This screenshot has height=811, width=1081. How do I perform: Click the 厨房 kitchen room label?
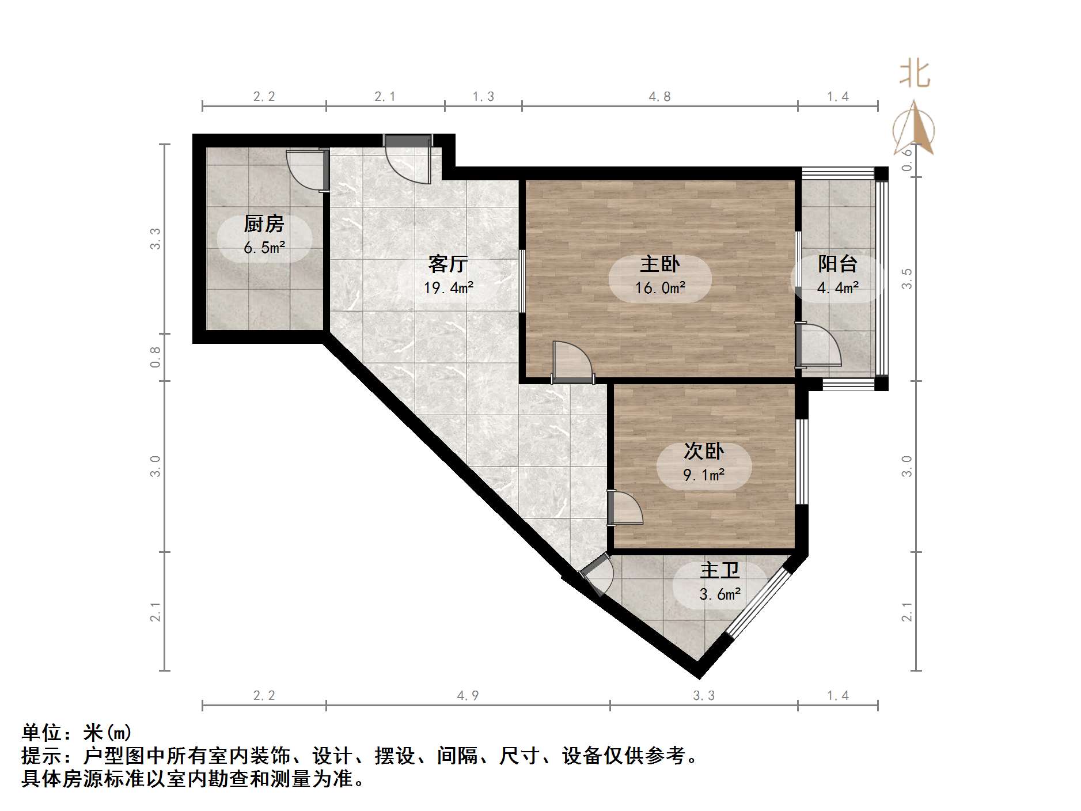(264, 223)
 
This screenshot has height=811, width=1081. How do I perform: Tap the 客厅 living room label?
(447, 264)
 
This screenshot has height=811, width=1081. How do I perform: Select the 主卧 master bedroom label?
(660, 264)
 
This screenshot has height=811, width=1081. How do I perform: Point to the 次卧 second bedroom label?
(704, 451)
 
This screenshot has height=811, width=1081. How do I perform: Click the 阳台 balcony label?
(838, 264)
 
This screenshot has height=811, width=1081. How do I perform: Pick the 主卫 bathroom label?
(719, 570)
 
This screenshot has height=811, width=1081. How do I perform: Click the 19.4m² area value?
(449, 287)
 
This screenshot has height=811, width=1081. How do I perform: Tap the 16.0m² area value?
(660, 287)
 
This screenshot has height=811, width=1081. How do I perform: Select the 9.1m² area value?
(704, 475)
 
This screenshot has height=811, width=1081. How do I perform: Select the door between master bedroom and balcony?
(818, 346)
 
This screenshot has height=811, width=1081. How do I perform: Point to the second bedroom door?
(625, 507)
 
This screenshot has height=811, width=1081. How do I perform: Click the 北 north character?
(915, 75)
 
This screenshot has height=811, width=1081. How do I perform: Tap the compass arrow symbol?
(914, 130)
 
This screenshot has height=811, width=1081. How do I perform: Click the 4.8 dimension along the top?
(660, 97)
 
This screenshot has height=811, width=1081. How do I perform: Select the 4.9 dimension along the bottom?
(468, 696)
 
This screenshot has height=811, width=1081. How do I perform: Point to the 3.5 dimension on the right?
(907, 278)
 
